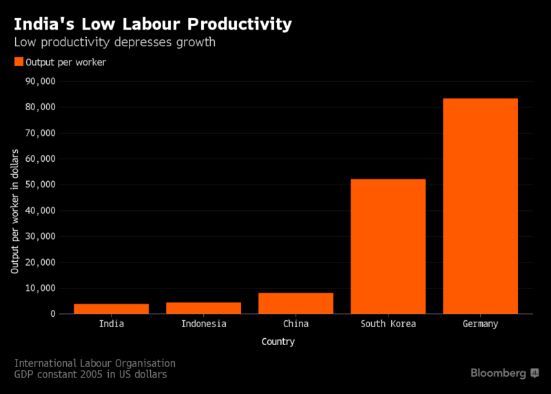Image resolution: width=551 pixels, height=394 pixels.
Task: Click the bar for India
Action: [112, 309]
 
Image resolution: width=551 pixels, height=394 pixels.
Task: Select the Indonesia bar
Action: [204, 308]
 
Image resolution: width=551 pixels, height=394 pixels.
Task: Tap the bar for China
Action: [295, 303]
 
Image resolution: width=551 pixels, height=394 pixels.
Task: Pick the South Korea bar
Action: [388, 247]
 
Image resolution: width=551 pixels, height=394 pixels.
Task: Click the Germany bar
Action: [480, 206]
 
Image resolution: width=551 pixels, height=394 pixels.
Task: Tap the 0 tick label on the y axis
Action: [52, 314]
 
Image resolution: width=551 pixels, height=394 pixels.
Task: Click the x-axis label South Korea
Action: [388, 324]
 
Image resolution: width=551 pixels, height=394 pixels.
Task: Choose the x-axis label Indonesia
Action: [204, 324]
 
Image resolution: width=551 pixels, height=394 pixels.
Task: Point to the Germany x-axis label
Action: [480, 324]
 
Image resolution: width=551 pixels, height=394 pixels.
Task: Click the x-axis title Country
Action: [278, 342]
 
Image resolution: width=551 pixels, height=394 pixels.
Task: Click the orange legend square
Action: [18, 62]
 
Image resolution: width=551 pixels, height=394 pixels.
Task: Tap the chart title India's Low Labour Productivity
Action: [153, 24]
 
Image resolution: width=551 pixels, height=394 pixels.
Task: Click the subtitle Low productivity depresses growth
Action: [115, 43]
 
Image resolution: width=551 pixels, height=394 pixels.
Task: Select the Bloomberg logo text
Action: [498, 373]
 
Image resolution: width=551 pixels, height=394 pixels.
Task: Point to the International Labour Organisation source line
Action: [95, 363]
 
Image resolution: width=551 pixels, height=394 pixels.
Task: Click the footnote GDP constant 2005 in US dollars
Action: [90, 375]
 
